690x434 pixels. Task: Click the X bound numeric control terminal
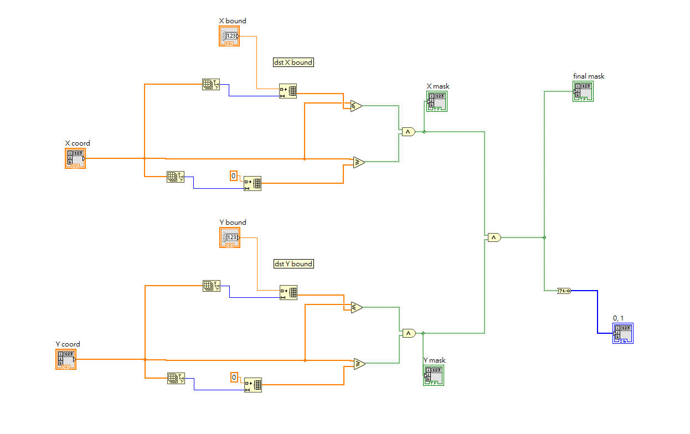click(229, 36)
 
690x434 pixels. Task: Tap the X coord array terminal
click(75, 158)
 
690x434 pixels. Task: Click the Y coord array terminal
click(66, 359)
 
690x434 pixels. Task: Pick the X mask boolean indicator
click(436, 101)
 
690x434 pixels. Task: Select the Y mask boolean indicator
click(434, 375)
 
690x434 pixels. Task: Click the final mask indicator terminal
click(583, 91)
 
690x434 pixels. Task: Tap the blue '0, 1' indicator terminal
click(622, 333)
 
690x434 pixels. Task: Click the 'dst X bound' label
click(293, 63)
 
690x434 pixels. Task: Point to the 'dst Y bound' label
click(293, 264)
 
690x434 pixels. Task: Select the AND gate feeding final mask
click(493, 237)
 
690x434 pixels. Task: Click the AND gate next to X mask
click(408, 132)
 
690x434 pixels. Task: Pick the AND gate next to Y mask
click(408, 333)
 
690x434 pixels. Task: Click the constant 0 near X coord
click(233, 176)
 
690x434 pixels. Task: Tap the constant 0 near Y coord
click(234, 378)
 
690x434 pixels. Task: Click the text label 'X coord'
click(78, 143)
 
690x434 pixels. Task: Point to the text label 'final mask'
click(589, 76)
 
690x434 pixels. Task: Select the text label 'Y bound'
click(233, 223)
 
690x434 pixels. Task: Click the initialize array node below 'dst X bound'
click(287, 91)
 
